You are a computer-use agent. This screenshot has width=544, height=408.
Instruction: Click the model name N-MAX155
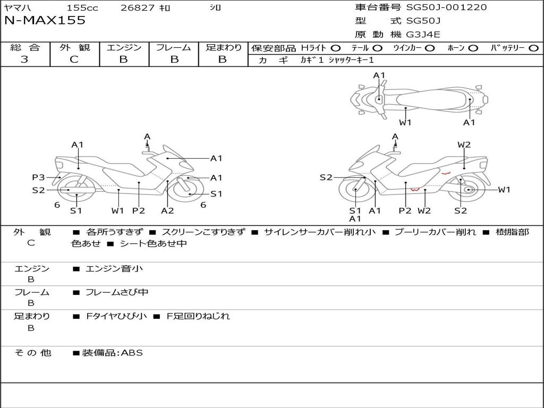point(45,20)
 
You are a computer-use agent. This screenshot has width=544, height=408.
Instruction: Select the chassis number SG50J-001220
point(446,7)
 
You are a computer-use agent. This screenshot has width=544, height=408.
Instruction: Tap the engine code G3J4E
point(423,35)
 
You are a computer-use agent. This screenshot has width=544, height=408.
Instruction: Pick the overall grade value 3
point(24,59)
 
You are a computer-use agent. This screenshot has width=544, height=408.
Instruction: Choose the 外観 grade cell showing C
point(74,59)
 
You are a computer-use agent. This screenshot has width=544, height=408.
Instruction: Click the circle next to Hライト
point(336,48)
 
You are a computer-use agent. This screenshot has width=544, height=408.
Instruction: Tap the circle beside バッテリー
point(533,48)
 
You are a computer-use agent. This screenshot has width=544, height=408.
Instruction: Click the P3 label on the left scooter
point(38,177)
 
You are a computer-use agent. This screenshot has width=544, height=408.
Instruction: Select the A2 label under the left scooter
point(167,210)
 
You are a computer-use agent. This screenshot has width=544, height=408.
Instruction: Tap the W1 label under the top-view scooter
point(405,122)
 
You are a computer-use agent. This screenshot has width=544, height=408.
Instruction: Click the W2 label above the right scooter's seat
point(464,144)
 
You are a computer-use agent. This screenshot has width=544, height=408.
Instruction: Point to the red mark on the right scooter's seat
point(446,173)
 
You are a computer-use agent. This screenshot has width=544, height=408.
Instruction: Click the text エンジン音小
point(114,268)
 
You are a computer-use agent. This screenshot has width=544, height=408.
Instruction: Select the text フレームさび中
point(117,293)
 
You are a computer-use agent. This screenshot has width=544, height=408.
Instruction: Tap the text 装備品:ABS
point(113,353)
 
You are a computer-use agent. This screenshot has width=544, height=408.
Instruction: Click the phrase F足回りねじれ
point(198,316)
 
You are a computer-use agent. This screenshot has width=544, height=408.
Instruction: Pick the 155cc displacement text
point(82,8)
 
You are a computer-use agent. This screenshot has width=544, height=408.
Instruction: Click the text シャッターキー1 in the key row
point(351,60)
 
